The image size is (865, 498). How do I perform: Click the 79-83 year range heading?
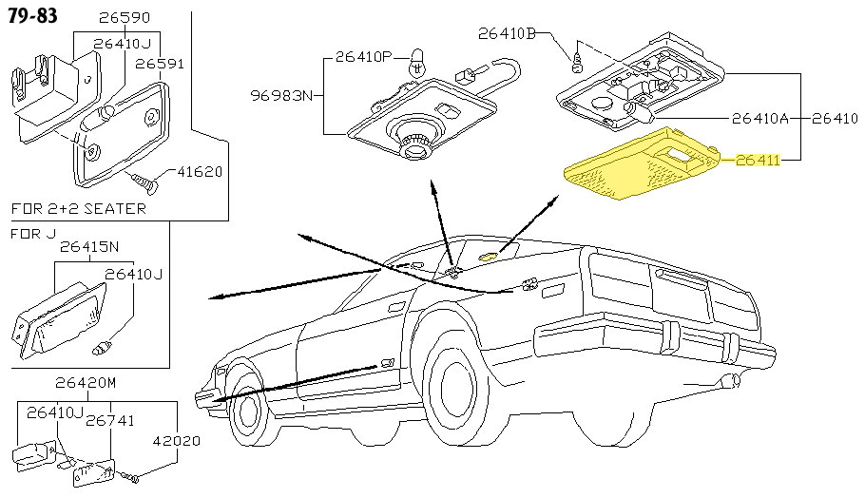click(x=31, y=16)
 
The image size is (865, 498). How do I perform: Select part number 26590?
click(x=125, y=18)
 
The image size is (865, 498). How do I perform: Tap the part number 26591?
click(x=159, y=64)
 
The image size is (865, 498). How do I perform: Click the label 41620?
click(x=200, y=173)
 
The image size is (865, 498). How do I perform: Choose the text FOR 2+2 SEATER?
click(x=78, y=208)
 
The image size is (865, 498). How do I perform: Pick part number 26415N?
click(x=89, y=247)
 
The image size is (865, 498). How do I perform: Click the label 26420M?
click(x=86, y=383)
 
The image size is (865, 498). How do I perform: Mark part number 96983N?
click(x=281, y=95)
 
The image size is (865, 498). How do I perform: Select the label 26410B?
click(x=506, y=34)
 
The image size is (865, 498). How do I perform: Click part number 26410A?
click(x=760, y=119)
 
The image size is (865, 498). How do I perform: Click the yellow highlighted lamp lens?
click(x=639, y=164)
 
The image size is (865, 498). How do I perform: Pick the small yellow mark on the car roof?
click(x=490, y=255)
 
